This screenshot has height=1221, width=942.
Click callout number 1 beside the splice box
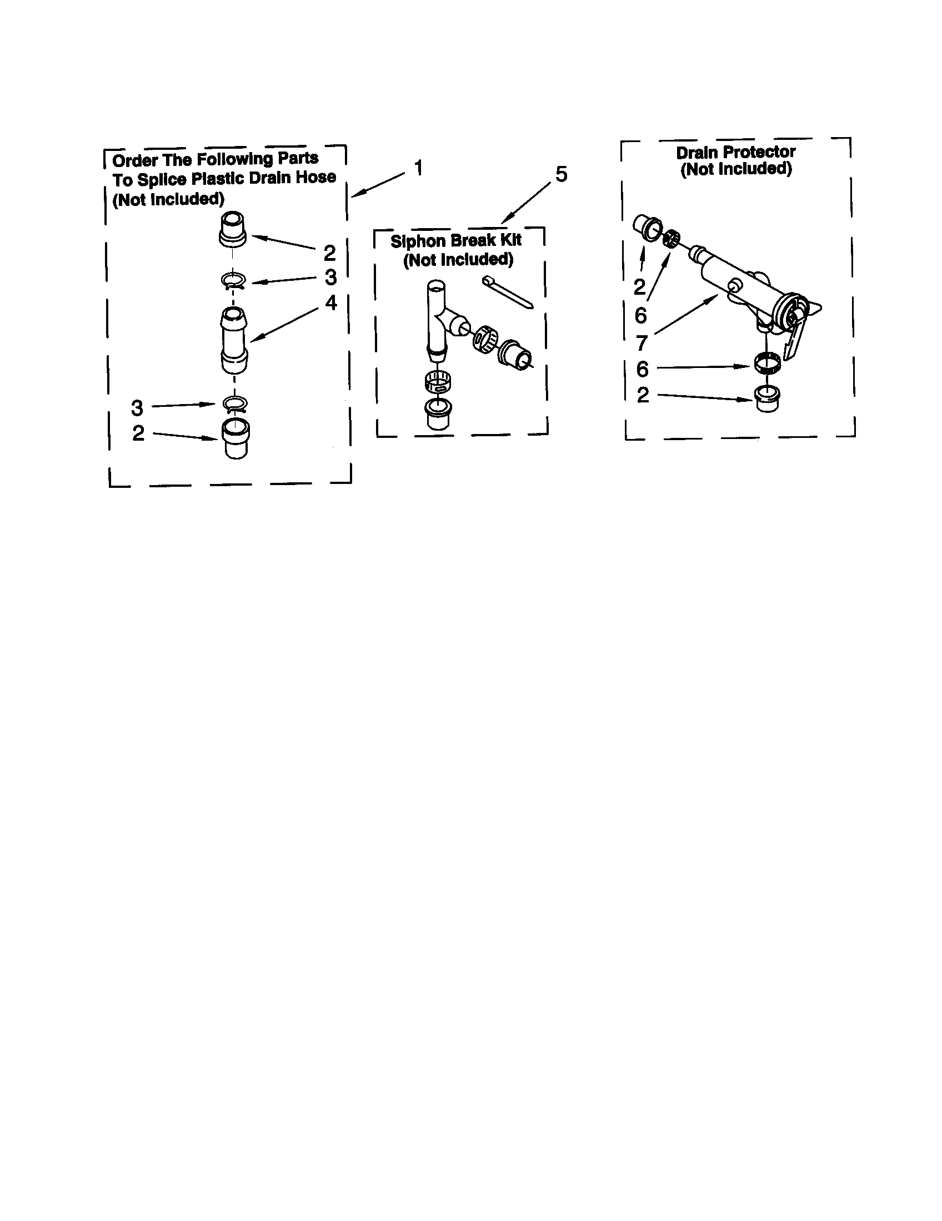click(x=418, y=167)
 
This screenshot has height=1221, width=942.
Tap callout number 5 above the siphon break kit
click(x=561, y=174)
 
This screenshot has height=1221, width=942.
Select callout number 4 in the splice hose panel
click(x=331, y=303)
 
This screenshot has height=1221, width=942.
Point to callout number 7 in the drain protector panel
click(x=641, y=342)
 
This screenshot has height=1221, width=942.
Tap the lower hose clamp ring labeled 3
click(x=234, y=403)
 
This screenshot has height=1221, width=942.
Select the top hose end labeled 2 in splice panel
click(x=232, y=228)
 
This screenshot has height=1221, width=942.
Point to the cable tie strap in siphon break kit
click(x=507, y=291)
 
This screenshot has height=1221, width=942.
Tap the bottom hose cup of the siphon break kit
click(x=439, y=413)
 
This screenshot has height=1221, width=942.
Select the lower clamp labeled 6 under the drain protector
click(x=766, y=364)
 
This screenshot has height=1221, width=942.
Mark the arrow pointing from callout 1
click(x=378, y=184)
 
